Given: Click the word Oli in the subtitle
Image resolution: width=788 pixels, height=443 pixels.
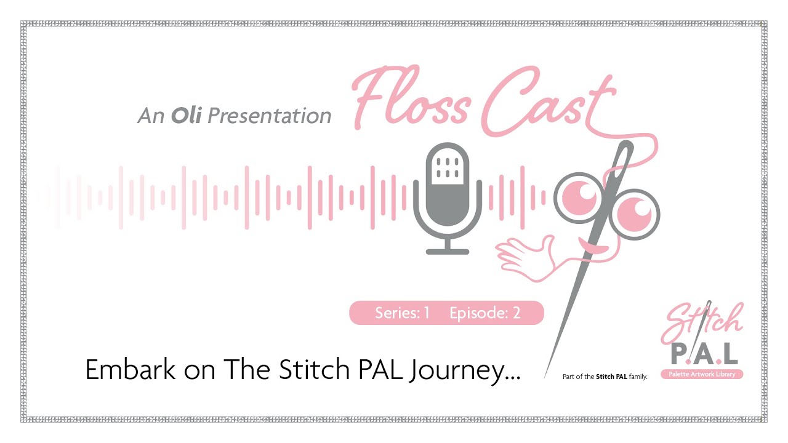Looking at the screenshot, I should click(x=186, y=116).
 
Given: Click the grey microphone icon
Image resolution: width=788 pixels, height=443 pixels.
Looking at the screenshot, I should click(x=448, y=191).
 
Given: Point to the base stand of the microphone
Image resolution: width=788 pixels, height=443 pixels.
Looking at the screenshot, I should click(x=448, y=251).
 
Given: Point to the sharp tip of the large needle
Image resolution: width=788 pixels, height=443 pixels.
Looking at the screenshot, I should click(x=545, y=376).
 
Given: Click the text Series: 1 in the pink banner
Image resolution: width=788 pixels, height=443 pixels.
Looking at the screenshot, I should click(x=402, y=313).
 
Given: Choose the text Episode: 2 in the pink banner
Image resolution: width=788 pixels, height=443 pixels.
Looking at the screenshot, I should click(x=485, y=313).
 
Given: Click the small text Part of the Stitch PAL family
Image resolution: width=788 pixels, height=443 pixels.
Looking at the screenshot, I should click(x=605, y=377).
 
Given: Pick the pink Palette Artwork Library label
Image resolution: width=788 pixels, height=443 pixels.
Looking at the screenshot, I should click(x=702, y=374).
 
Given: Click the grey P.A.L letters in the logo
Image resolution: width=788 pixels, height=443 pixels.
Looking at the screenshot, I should click(x=702, y=353).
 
